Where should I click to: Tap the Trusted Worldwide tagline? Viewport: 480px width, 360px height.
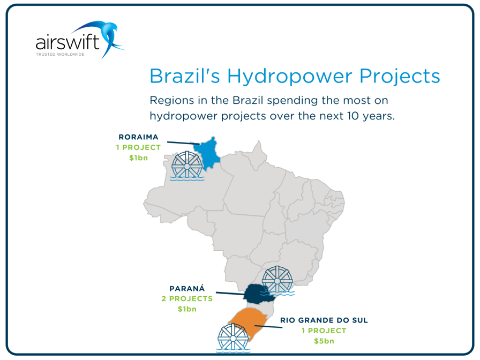[59, 54]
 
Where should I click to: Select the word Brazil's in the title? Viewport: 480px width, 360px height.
[185, 76]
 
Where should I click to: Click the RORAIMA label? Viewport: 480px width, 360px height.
[138, 137]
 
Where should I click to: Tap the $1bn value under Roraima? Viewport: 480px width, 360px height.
[138, 157]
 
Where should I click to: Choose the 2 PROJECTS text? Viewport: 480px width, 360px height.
[187, 298]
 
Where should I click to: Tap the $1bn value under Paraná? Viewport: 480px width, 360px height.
[187, 309]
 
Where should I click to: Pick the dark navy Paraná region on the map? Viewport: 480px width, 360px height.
[258, 293]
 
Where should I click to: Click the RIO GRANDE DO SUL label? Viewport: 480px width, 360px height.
[324, 320]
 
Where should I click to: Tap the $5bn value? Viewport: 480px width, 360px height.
[324, 341]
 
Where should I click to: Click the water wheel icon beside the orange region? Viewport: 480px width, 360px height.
[234, 338]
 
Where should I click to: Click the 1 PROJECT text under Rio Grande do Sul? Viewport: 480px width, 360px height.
[324, 331]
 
